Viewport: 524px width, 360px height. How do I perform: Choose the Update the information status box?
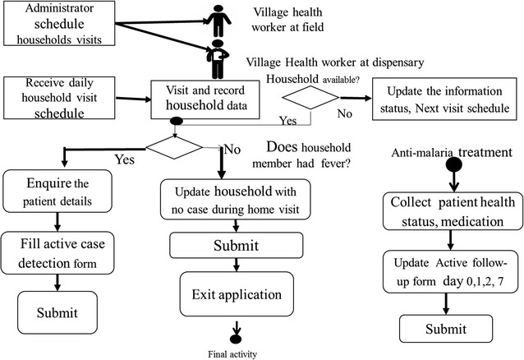click(445, 99)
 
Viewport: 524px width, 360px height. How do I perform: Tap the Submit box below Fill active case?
click(55, 312)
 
